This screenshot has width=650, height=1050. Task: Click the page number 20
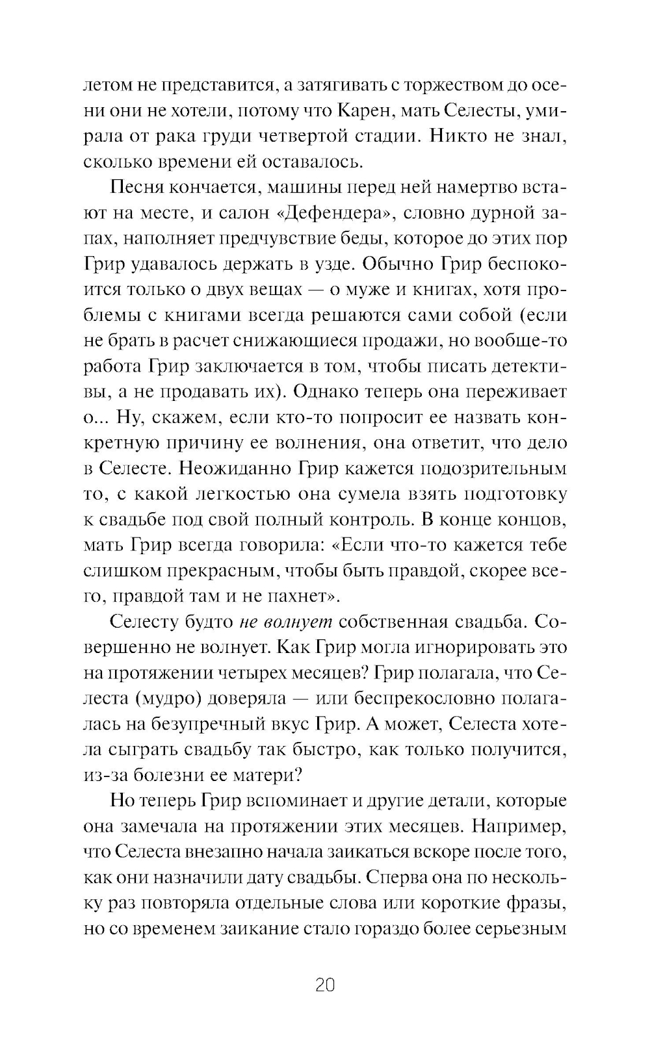324,984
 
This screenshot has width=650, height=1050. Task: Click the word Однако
351,392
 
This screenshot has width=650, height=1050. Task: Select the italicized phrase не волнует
286,622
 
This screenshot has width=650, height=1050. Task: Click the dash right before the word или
303,698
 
